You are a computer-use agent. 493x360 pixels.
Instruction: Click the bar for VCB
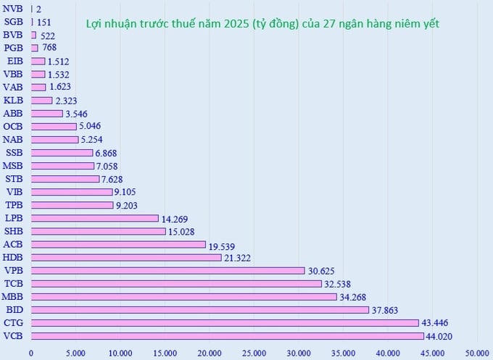coord(227,335)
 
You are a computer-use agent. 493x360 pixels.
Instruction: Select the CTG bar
coord(225,322)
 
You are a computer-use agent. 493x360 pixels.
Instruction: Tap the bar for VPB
coord(167,270)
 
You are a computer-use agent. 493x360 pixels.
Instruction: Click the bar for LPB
coord(94,218)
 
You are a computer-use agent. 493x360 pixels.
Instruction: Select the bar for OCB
coord(54,126)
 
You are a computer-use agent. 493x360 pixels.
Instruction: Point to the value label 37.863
coord(387,310)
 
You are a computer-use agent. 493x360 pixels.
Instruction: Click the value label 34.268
coord(355,297)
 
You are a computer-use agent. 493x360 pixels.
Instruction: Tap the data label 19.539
coord(224,245)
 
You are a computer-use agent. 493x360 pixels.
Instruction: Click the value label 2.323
coord(67,100)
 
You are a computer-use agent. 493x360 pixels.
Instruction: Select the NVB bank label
coord(13,8)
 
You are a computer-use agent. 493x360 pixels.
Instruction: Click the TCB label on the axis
coord(13,283)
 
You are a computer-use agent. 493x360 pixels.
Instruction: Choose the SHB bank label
coord(13,231)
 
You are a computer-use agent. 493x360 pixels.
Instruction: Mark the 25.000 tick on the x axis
coord(254,353)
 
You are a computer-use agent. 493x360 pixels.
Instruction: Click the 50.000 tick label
coord(476,353)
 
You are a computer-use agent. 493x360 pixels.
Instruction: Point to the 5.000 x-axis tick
coord(75,353)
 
